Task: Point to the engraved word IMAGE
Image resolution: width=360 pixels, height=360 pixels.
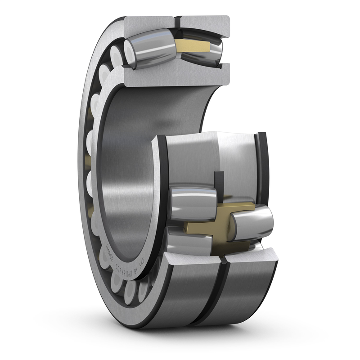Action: point(110,253)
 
